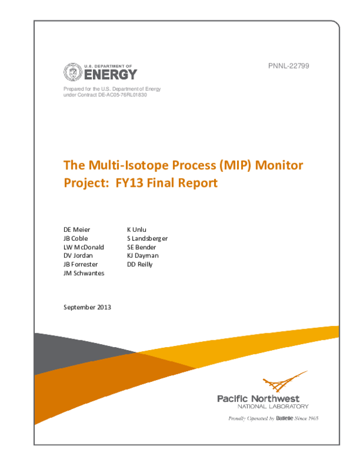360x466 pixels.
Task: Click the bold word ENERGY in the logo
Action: tap(110, 75)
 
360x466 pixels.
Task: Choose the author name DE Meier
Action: tap(77, 229)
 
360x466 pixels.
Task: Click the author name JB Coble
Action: tap(76, 238)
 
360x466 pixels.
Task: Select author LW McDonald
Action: tap(83, 247)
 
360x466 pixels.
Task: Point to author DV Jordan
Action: tap(78, 255)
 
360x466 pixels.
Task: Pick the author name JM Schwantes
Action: tap(83, 273)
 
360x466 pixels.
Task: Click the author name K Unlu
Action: tap(137, 229)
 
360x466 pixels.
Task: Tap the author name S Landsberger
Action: tap(147, 238)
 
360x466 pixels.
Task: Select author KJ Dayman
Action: tap(143, 255)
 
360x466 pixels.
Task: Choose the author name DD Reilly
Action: tap(140, 264)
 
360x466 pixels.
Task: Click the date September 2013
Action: tap(87, 307)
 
